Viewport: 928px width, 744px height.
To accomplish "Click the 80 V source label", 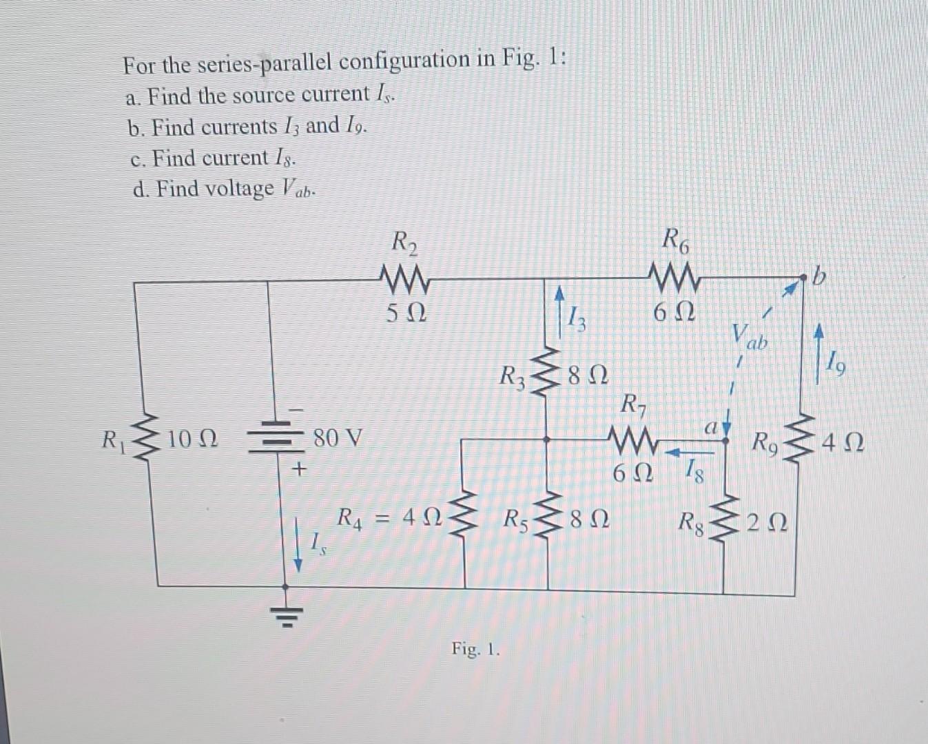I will click(338, 438).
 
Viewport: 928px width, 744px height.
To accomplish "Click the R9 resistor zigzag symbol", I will click(802, 439).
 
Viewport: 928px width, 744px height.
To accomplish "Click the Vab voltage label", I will click(753, 337).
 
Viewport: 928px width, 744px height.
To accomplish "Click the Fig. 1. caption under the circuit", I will click(475, 649).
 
